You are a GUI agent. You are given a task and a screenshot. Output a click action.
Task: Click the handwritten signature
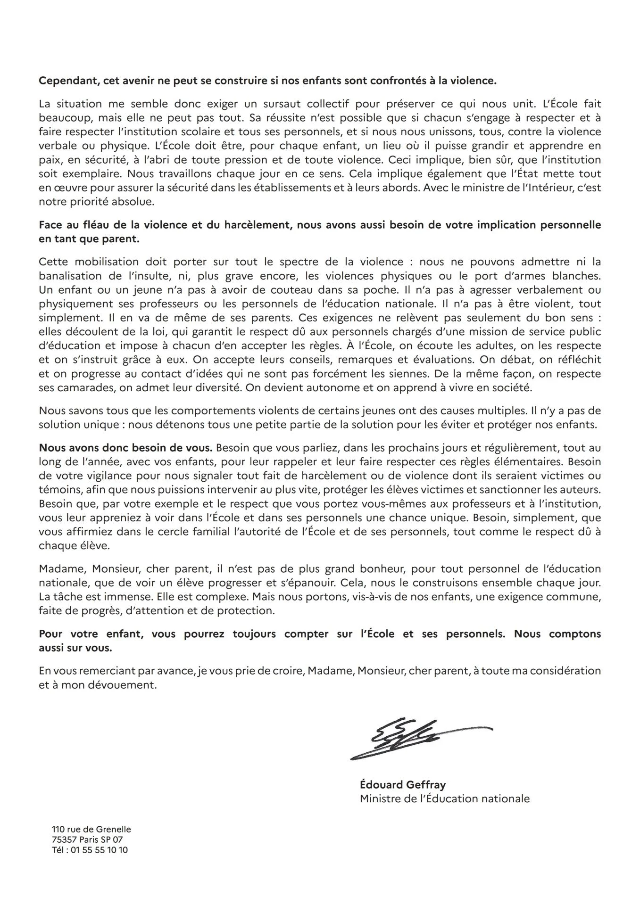point(415,738)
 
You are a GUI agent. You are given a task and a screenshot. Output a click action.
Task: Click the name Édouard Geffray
point(402,785)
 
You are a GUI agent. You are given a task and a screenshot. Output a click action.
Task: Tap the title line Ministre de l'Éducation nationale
point(444,798)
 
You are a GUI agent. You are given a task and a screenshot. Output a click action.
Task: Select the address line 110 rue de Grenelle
point(91,829)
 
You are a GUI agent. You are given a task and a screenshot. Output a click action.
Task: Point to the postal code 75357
point(65,839)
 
